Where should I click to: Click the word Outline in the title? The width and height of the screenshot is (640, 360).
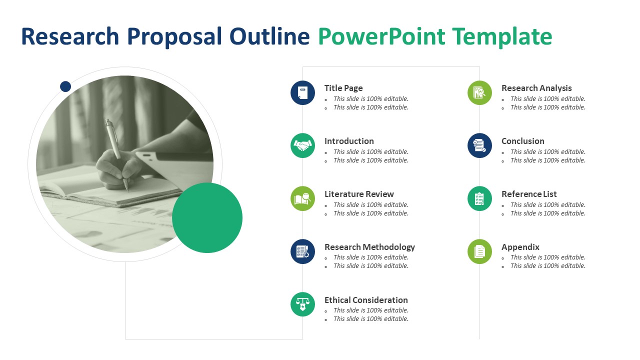point(269,36)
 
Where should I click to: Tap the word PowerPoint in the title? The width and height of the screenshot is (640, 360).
point(381,36)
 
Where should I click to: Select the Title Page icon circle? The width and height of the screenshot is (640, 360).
point(302,93)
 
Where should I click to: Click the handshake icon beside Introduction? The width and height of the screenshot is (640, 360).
point(302,145)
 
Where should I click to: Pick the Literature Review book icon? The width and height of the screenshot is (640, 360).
point(302,198)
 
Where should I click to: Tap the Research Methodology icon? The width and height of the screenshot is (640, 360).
point(302,251)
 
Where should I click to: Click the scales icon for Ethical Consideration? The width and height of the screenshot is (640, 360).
point(302,304)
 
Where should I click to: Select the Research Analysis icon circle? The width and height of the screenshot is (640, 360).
point(479,93)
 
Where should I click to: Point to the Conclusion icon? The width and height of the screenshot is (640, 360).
point(479,145)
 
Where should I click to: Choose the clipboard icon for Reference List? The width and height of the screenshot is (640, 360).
point(479,198)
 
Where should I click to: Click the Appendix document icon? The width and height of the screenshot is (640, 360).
point(479,251)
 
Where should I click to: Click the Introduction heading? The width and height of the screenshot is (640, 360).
point(349,141)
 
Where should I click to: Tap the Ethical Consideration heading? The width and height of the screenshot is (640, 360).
point(366,300)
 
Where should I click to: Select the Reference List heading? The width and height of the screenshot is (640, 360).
point(529,194)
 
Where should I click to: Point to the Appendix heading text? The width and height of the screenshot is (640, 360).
point(520,247)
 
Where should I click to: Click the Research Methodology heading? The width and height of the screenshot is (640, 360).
point(369,247)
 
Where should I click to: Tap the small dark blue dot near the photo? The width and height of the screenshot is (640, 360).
point(65,86)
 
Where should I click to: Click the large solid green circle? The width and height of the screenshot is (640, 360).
point(207,217)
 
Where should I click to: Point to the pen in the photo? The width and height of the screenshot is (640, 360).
point(117,154)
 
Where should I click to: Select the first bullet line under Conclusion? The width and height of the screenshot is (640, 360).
point(547,151)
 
